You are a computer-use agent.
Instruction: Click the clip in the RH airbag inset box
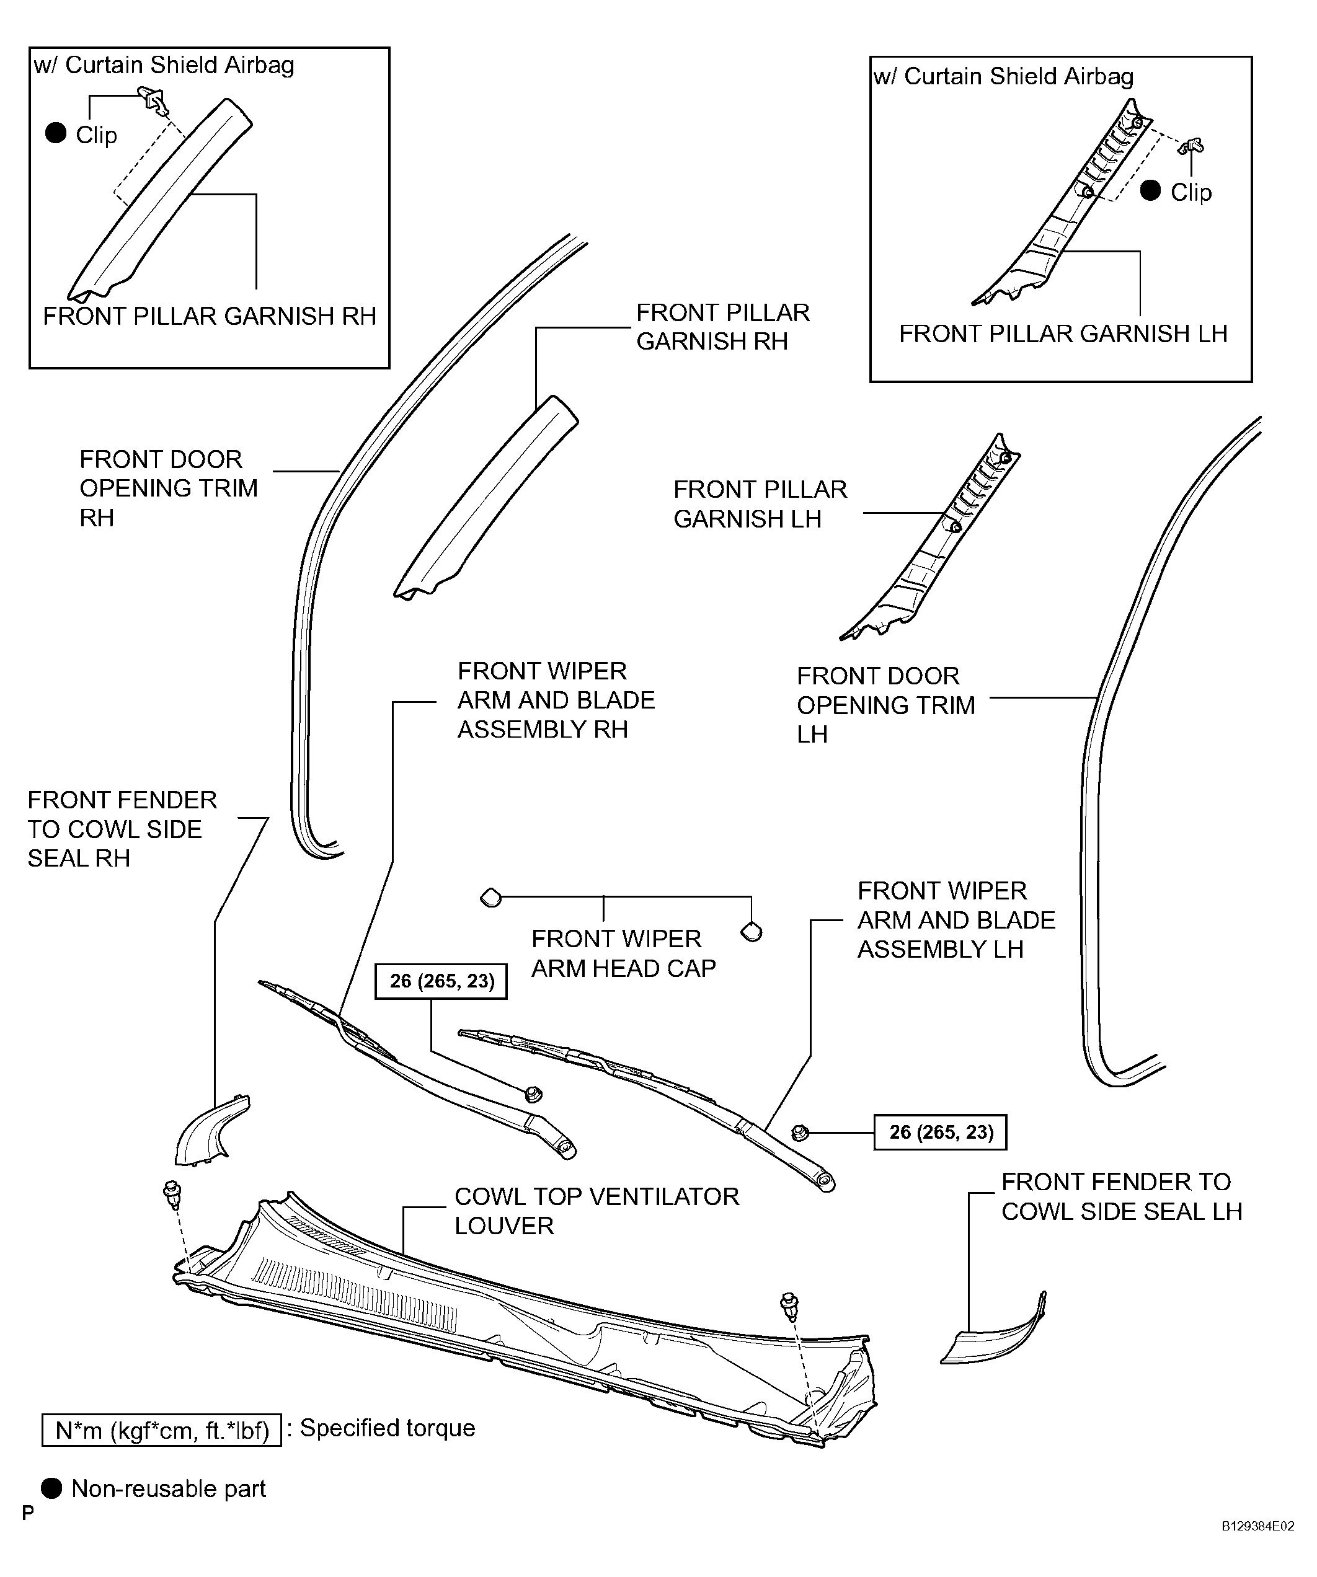153,100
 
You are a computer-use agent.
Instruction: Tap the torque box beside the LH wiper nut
940,1132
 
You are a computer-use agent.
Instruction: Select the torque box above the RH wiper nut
441,981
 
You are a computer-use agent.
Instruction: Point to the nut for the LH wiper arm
800,1133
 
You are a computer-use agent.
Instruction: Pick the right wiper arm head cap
752,932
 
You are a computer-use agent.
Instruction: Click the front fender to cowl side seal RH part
210,1130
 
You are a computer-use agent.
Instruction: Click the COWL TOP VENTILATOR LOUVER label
596,1211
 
